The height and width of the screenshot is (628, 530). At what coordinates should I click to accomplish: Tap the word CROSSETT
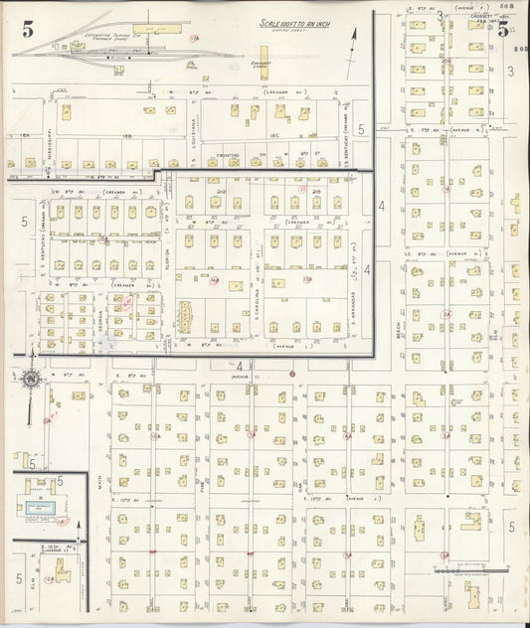point(482,15)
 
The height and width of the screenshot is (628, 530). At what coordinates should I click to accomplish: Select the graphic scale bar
point(465,571)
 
